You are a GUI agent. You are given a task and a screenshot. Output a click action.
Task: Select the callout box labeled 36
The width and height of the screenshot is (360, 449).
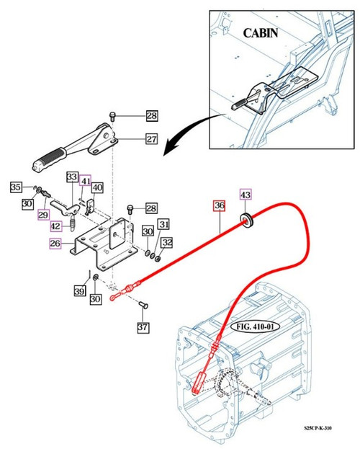coord(219,205)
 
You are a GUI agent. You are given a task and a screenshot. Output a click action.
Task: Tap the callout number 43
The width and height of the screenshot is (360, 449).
coord(246,196)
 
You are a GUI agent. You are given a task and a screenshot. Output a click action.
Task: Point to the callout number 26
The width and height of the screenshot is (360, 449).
coord(55,244)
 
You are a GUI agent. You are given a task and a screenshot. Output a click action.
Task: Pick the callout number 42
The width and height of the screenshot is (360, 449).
coord(56,226)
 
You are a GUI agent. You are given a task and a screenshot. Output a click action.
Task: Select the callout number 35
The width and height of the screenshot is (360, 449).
coord(16,187)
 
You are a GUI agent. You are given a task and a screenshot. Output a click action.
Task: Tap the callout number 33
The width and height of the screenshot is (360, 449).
coord(72,177)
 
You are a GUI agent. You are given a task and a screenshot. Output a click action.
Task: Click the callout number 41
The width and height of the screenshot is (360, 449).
coord(85,181)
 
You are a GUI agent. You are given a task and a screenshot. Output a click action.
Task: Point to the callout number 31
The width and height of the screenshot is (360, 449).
coord(163,224)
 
